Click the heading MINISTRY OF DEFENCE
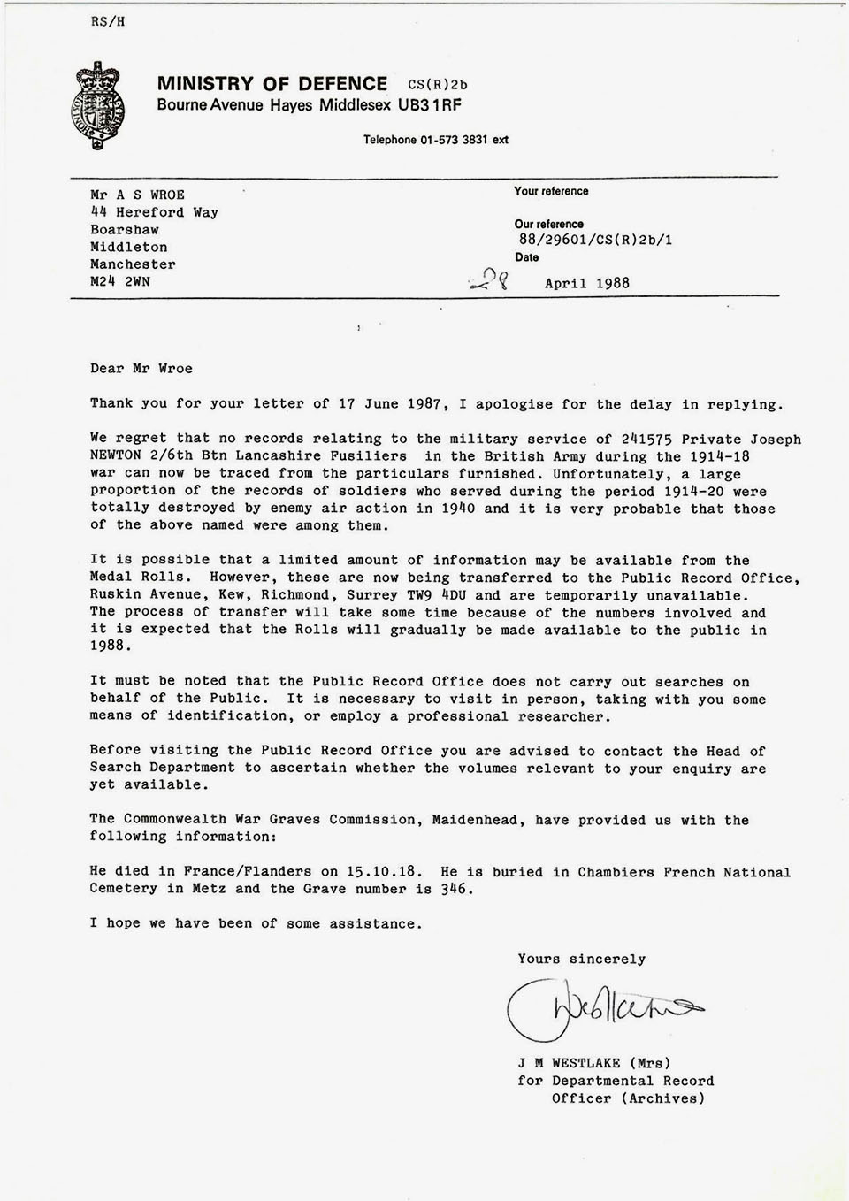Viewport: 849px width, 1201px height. pyautogui.click(x=272, y=84)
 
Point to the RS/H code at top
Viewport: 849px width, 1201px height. pyautogui.click(x=107, y=22)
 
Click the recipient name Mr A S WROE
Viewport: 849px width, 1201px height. pyautogui.click(x=137, y=195)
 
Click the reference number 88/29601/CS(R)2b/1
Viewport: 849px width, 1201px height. pyautogui.click(x=595, y=240)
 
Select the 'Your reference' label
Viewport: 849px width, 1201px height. pyautogui.click(x=551, y=191)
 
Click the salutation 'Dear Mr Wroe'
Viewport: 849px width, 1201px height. pyautogui.click(x=141, y=369)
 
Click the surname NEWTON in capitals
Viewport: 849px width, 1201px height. pyautogui.click(x=119, y=456)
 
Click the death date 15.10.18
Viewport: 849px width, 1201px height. pyautogui.click(x=390, y=872)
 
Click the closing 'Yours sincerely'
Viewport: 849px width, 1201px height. pyautogui.click(x=581, y=959)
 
